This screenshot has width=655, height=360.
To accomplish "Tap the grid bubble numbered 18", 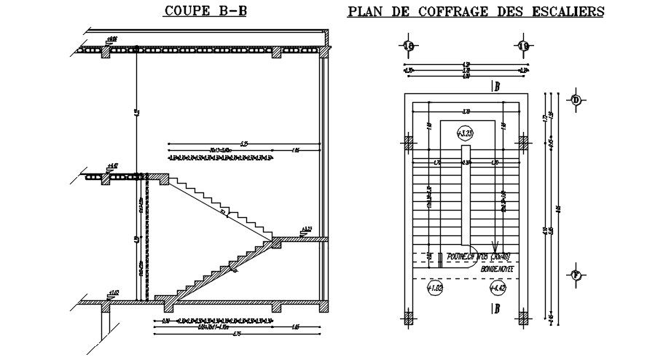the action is tap(408, 47).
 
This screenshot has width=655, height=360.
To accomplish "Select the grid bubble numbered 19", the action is tap(524, 47).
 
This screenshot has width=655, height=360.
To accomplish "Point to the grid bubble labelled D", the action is tap(576, 100).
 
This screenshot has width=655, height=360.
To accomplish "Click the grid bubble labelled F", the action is tap(576, 275).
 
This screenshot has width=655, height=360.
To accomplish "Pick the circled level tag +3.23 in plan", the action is tap(465, 133).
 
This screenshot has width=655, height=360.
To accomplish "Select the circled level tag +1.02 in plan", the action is tap(435, 289).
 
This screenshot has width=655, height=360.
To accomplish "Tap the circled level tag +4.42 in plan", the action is tap(497, 289).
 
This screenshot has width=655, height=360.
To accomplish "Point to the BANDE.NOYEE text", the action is tap(498, 269).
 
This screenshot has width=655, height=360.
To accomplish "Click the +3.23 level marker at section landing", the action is tap(307, 229).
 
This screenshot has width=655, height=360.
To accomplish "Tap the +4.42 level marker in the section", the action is tap(111, 166).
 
